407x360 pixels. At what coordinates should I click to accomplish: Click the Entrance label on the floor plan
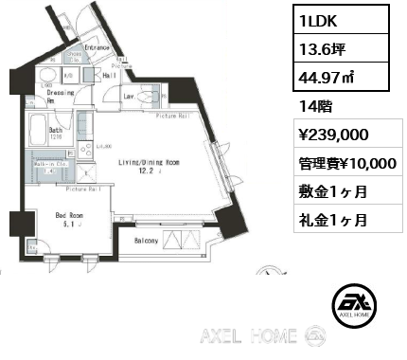(98, 46)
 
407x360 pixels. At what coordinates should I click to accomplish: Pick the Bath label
(56, 130)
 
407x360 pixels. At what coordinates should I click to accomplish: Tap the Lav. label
(127, 96)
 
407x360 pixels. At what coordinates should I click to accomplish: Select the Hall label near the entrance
(108, 75)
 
